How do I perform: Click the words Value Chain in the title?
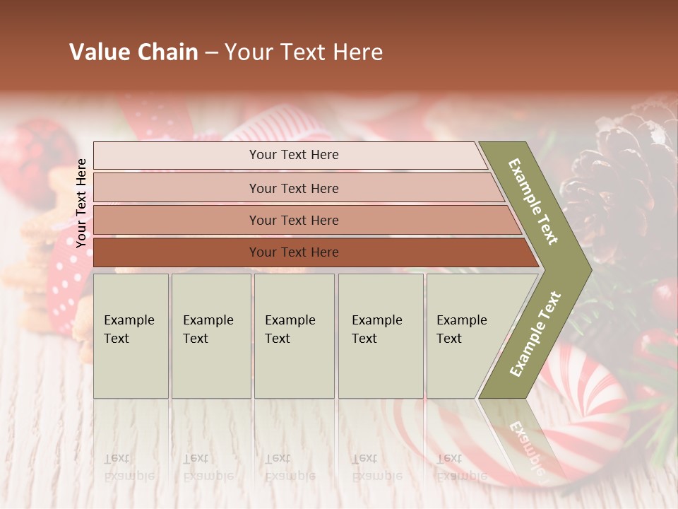click(133, 52)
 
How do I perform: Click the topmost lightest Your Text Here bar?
click(293, 155)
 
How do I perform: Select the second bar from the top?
click(293, 188)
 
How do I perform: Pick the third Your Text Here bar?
click(293, 220)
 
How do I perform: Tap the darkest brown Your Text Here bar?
click(293, 252)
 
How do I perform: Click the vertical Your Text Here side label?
click(81, 203)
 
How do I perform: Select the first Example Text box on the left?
click(131, 335)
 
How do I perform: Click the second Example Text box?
click(210, 335)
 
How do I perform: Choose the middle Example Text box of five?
click(294, 335)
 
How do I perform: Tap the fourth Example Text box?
click(380, 335)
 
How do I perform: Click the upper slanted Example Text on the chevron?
click(534, 201)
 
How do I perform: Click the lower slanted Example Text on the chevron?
click(535, 334)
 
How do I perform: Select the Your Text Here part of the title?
click(304, 52)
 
